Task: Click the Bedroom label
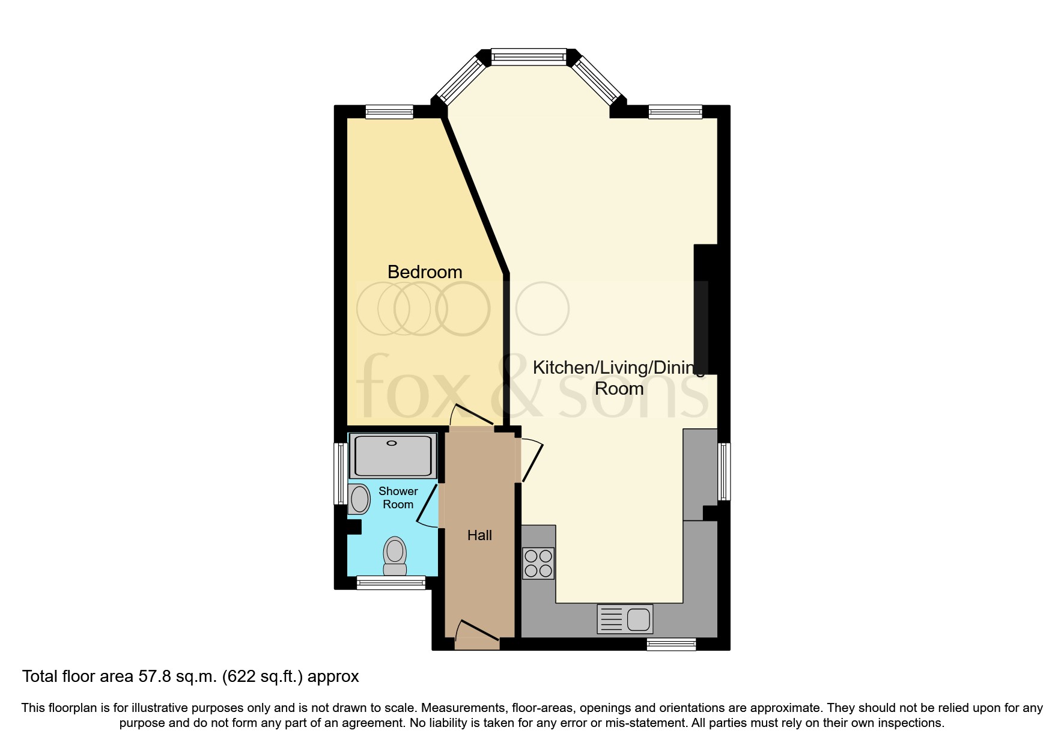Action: click(x=425, y=272)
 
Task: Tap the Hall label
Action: click(x=479, y=535)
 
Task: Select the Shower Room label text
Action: click(x=398, y=498)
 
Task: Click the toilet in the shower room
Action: click(x=395, y=556)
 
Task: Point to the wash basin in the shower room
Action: click(x=359, y=499)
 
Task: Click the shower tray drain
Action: click(x=392, y=443)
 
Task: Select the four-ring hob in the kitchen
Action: click(x=538, y=563)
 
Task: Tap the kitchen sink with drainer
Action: click(x=625, y=619)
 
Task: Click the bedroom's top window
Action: click(x=389, y=112)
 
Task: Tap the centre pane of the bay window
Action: click(x=529, y=57)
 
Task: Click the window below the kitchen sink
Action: click(x=671, y=645)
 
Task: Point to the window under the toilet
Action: click(x=391, y=582)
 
